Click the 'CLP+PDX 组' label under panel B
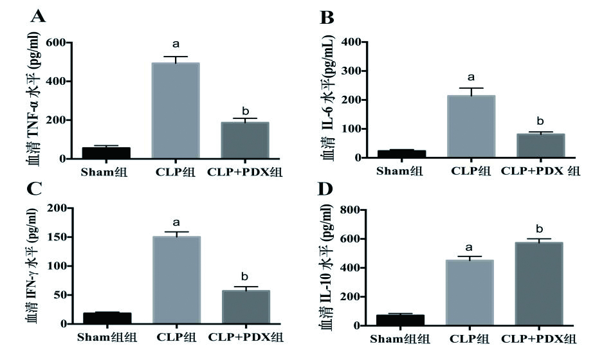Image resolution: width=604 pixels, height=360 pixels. (540, 171)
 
